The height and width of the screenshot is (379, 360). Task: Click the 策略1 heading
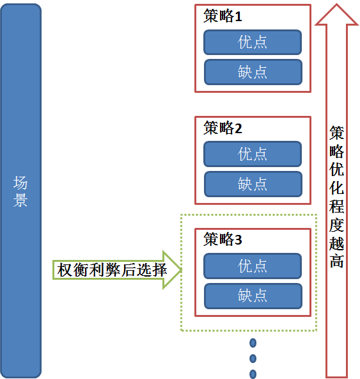coord(223,16)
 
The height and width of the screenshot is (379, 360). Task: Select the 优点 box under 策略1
coord(253,42)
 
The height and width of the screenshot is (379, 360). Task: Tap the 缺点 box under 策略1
coord(253,72)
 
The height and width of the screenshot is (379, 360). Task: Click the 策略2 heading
coord(223,128)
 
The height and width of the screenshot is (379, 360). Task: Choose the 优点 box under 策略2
coord(253,154)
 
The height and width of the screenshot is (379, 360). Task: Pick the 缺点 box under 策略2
coord(253,184)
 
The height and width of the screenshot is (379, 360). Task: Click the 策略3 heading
coord(223,239)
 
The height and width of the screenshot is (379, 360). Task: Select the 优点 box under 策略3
coord(253,266)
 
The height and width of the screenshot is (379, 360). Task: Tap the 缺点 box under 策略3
coord(253,296)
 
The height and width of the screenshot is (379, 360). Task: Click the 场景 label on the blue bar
coord(20,191)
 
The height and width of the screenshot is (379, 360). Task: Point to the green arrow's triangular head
coord(173,270)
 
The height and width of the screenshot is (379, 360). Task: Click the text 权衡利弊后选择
coord(112,270)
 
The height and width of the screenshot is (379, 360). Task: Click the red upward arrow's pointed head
coord(336,15)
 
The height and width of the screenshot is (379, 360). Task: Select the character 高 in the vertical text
coord(336,261)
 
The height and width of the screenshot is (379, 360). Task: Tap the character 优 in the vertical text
coord(336,169)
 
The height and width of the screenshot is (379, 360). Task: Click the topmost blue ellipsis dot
coord(253,343)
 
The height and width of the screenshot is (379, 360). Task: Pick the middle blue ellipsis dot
coord(253,359)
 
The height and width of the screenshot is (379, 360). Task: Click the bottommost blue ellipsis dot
coord(253,374)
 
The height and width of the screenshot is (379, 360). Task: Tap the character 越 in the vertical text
coord(336,243)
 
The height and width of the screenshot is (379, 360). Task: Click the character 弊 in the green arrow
coord(113,270)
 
